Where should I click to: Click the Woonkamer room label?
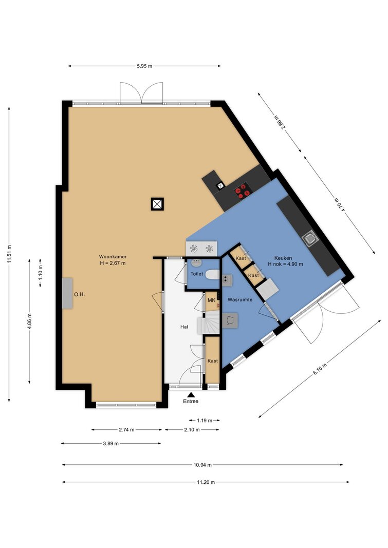tap(113, 256)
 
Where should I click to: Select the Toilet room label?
tap(197, 274)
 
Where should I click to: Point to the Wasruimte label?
tap(240, 299)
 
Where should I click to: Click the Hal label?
tap(184, 327)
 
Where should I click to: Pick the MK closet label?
tap(211, 300)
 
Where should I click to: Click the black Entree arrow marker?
tap(191, 394)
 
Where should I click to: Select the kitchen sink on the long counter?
tap(310, 239)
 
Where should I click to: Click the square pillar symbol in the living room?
tap(157, 204)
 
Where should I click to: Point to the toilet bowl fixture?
tap(212, 275)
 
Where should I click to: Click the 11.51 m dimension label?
tap(9, 255)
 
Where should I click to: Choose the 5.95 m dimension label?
tap(144, 66)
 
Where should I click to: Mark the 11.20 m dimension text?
tap(206, 482)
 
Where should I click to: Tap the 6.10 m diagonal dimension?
tap(320, 369)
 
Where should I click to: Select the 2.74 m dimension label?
tap(126, 429)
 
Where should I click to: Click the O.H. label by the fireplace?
tap(79, 295)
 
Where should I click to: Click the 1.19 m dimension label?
tap(205, 421)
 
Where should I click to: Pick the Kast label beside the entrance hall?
tap(213, 361)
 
